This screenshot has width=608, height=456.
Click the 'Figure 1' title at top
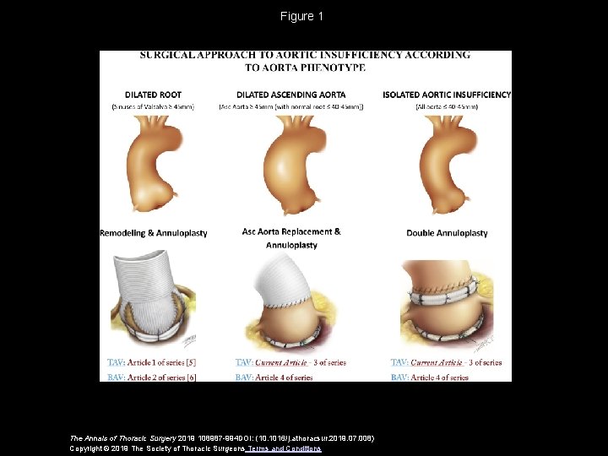tap(302, 16)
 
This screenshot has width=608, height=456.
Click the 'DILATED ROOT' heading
tap(153, 95)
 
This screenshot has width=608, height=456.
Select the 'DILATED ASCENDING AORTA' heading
tap(290, 95)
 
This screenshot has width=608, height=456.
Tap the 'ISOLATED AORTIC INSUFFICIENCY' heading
tap(447, 95)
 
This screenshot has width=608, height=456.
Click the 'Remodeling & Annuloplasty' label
tap(153, 233)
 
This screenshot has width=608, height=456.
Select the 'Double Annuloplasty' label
tap(447, 233)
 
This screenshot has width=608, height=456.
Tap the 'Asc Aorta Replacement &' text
tap(291, 231)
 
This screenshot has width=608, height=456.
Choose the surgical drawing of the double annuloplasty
tap(447, 300)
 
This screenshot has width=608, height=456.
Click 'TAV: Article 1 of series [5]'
tap(153, 363)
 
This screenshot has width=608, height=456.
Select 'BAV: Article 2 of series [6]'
tap(153, 377)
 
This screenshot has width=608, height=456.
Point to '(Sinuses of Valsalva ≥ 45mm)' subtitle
tap(153, 106)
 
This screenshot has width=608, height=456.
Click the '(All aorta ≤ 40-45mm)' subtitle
tap(447, 106)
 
